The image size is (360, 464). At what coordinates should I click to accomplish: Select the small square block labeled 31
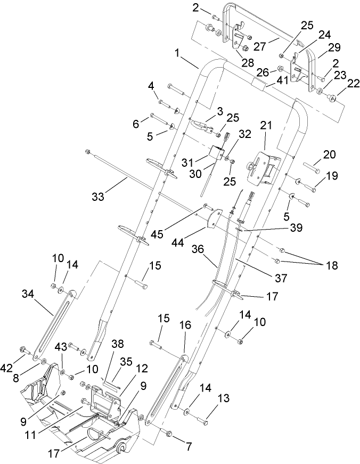pos(216,153)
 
